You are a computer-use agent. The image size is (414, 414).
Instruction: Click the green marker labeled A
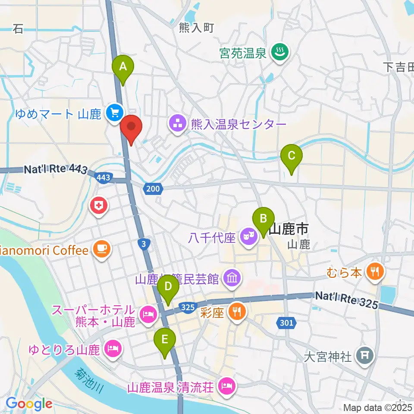(x=123, y=68)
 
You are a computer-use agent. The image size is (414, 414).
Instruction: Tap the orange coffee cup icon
(x=102, y=250)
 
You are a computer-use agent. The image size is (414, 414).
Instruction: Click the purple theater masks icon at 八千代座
(x=248, y=236)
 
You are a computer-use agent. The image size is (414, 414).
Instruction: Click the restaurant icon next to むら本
(x=373, y=271)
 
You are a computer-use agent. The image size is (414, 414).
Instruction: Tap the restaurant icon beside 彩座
(x=237, y=311)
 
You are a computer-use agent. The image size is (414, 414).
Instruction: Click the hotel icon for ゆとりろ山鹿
(x=113, y=347)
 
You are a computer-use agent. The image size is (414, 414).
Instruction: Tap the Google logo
(x=29, y=404)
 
